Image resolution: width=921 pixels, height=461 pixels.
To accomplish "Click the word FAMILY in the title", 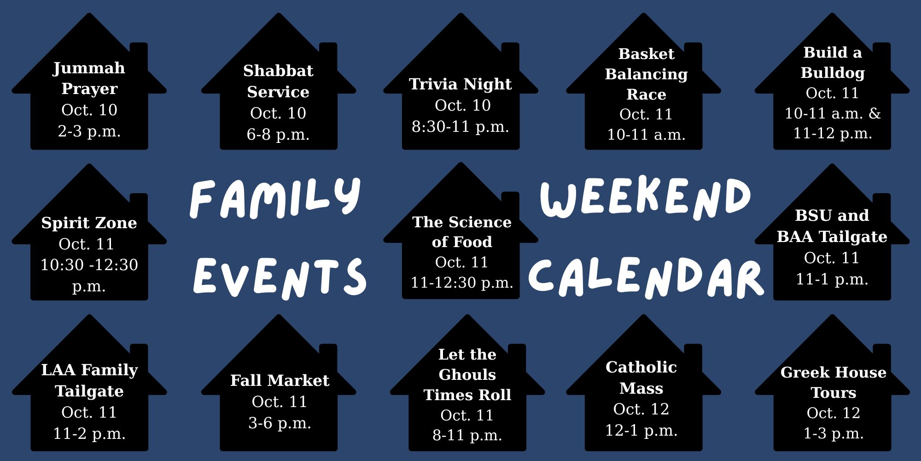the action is pos(275,198).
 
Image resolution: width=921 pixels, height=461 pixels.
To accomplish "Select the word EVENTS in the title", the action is pos(280,277).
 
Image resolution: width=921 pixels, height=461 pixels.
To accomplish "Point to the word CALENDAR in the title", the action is pos(647,277).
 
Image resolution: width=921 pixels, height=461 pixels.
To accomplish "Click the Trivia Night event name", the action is pos(460,84).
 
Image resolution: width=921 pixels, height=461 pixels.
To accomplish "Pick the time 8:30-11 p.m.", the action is pos(460,126).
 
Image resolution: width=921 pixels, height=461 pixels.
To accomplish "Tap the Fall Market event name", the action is pos(280,380).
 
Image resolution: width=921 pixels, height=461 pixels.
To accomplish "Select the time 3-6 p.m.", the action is pos(280,423).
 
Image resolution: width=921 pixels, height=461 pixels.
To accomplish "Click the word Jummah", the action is pos(89,68).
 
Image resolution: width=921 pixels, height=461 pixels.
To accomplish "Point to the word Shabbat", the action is pos(278,71).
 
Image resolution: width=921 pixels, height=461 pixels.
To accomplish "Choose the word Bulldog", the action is pos(833,73).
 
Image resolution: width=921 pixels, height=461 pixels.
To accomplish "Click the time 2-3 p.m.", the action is pos(89,131).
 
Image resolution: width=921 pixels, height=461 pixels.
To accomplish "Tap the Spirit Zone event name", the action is pos(89,223).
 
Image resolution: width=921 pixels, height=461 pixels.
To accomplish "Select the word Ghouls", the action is pos(467,375).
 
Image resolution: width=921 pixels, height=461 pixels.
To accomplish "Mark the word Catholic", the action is pos(641,367).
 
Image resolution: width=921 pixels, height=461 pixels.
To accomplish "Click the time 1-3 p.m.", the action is pos(834,433).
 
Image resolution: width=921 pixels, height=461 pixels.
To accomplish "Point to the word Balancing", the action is pos(646,74).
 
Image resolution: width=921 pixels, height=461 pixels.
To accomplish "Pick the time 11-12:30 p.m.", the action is pos(462,283).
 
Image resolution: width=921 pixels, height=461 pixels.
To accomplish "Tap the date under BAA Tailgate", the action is pos(832,258).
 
